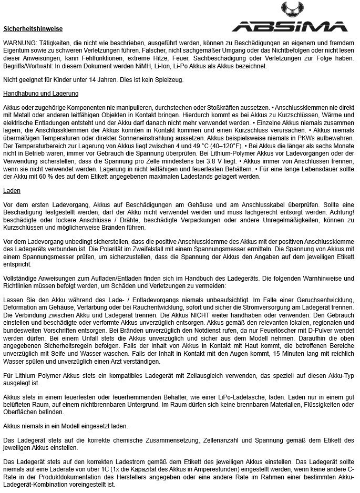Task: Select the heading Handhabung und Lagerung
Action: pyautogui.click(x=40, y=94)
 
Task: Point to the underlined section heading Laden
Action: pyautogui.click(x=12, y=190)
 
